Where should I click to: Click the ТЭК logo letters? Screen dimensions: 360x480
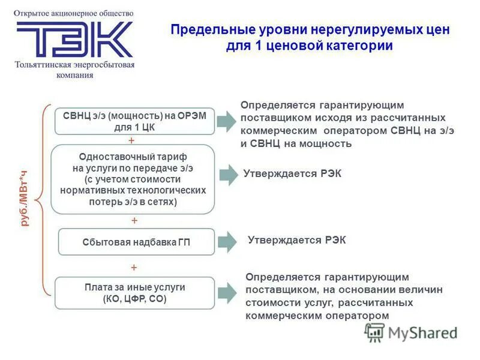[x=74, y=39]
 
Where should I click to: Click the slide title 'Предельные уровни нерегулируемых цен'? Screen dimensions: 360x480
[x=310, y=29]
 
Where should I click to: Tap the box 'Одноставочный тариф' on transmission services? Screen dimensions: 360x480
[x=133, y=179]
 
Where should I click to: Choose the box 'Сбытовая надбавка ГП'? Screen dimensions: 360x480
[x=136, y=242]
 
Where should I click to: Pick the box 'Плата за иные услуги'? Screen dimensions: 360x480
[x=134, y=293]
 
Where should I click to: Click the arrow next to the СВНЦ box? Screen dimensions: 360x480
[x=227, y=121]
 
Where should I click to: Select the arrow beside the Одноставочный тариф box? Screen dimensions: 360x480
[x=229, y=175]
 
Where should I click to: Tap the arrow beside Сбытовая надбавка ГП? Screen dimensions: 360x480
[x=227, y=242]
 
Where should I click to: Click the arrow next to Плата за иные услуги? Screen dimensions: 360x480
[x=227, y=293]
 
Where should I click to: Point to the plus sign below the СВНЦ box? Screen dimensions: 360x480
[x=132, y=140]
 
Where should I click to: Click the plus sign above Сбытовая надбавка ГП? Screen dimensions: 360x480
[x=134, y=221]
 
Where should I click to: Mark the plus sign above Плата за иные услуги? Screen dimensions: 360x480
[x=134, y=267]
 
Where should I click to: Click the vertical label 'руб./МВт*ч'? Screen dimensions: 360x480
[x=25, y=198]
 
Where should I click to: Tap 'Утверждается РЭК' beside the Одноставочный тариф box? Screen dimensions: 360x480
[x=292, y=173]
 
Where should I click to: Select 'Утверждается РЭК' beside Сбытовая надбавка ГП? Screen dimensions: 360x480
[x=296, y=240]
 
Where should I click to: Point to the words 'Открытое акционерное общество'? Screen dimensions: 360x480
[x=74, y=13]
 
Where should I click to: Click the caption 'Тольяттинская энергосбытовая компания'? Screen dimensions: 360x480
[x=75, y=70]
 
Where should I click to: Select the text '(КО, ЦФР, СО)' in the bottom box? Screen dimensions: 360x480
[x=134, y=298]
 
